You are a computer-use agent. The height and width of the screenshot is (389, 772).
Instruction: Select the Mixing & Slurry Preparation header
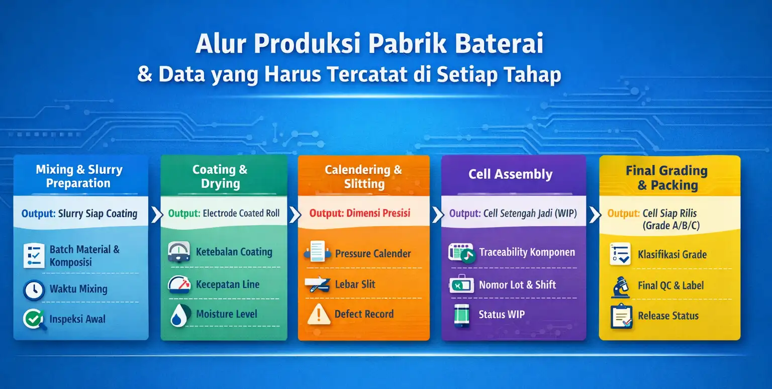[x=79, y=176]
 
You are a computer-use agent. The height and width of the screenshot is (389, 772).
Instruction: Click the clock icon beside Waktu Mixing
[x=34, y=289]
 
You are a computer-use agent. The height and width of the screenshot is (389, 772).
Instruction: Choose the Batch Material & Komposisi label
[x=84, y=255]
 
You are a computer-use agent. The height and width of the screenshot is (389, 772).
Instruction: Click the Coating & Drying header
[x=220, y=176]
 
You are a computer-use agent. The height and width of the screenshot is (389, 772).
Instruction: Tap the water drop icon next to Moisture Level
[x=178, y=315]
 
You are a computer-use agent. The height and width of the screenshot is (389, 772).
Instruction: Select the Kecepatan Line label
[x=227, y=284]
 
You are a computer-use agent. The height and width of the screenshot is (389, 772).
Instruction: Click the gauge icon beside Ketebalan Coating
[x=179, y=252]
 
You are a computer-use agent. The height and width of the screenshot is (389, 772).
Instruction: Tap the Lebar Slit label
[x=355, y=284]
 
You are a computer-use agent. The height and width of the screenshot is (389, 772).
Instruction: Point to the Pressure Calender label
[x=373, y=254]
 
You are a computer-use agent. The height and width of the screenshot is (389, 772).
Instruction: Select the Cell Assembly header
[x=510, y=174]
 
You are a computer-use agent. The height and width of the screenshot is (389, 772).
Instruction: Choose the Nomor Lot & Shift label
[x=517, y=285]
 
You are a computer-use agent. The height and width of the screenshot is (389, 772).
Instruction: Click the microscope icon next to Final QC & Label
[x=620, y=286]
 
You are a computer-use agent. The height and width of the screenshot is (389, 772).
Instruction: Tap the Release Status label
[x=668, y=316]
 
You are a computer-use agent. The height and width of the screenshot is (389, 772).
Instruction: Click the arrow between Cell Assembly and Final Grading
[x=595, y=215]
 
